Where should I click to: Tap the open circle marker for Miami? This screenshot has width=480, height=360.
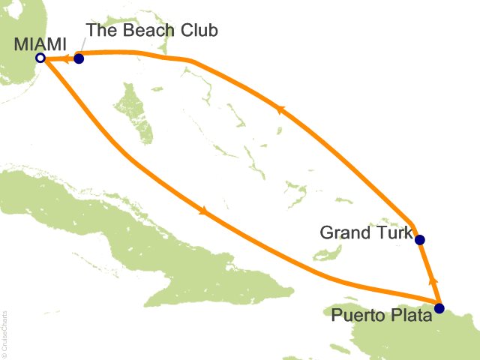40,58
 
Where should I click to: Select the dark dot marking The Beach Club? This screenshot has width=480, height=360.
79,58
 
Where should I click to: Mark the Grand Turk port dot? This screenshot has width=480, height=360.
420,240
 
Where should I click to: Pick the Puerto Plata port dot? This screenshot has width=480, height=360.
439,307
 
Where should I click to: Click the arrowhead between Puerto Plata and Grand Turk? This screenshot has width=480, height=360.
431,280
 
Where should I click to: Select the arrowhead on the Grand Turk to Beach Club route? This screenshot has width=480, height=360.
280,110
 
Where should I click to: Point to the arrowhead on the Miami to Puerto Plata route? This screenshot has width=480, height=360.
202,211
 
